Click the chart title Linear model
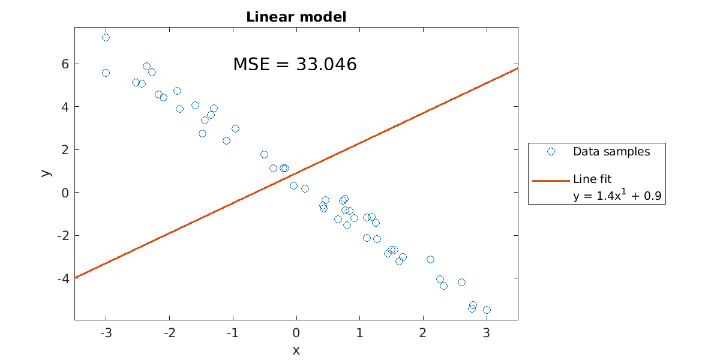[296, 17]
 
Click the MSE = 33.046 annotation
[295, 64]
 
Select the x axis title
[296, 350]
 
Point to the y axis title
[46, 172]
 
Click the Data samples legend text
[611, 152]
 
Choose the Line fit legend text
[592, 179]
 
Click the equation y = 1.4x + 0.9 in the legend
[618, 195]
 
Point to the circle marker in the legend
[551, 152]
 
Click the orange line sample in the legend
[551, 179]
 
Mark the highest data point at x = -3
[106, 37]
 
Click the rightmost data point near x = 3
[487, 310]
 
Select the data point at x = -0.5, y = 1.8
[264, 154]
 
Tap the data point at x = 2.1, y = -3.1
[430, 259]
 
